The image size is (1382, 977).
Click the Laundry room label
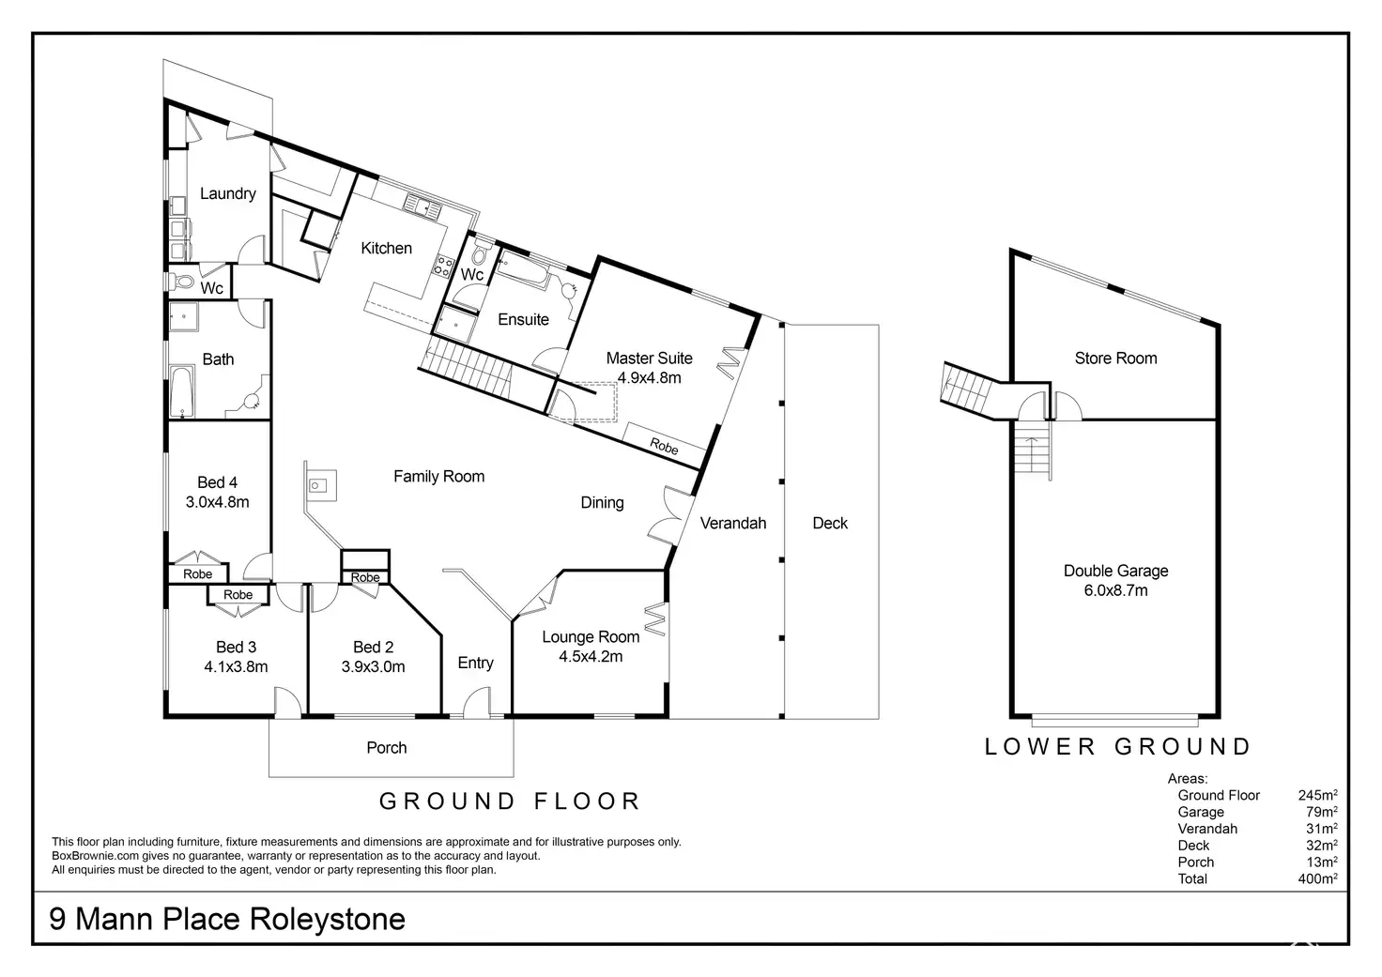(x=227, y=193)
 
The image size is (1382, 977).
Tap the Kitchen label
(x=386, y=248)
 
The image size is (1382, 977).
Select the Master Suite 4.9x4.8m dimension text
(x=649, y=378)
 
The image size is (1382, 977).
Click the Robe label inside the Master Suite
(x=665, y=448)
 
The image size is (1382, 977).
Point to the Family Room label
(x=438, y=477)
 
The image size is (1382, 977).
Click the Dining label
(x=602, y=502)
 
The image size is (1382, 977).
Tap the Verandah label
(x=733, y=523)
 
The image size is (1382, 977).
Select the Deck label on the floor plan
(x=830, y=523)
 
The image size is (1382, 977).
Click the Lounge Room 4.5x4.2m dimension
(x=591, y=657)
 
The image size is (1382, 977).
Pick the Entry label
(x=475, y=663)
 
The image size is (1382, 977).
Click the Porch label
(x=387, y=748)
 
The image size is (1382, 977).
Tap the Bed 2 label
(x=373, y=647)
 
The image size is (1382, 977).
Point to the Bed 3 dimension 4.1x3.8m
(x=236, y=667)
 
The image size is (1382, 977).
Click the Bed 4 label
(x=217, y=482)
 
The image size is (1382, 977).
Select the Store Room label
(x=1115, y=358)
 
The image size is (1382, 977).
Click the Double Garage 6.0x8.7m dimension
(x=1115, y=590)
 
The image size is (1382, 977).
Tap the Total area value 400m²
(x=1317, y=878)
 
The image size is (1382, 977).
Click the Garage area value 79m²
(x=1321, y=812)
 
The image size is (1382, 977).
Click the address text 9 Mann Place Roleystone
(x=227, y=918)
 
